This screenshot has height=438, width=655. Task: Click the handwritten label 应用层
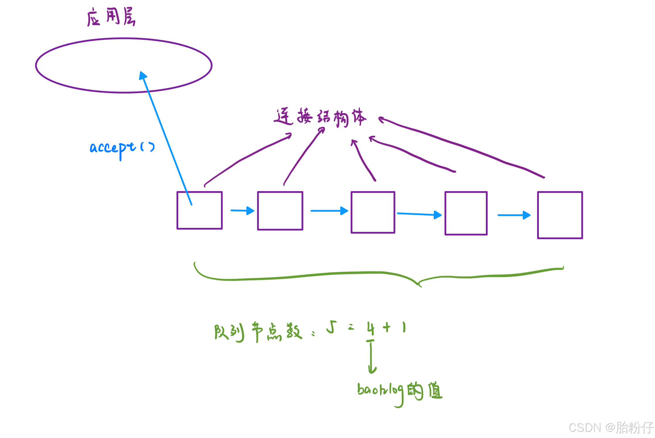[111, 17]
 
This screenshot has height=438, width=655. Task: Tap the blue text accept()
[122, 147]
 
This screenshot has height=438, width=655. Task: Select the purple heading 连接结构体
[320, 117]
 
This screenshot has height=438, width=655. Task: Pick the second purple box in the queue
[280, 211]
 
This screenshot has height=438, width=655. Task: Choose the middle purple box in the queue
[373, 212]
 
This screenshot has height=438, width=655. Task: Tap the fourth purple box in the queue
[466, 213]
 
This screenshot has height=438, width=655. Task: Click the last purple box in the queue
[560, 215]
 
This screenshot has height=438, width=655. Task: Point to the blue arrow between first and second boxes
[242, 210]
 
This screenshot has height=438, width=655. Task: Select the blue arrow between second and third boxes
[329, 211]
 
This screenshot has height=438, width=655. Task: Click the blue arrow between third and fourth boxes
[419, 214]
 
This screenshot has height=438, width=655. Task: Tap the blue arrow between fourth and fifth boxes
[514, 215]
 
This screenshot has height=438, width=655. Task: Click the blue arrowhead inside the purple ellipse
[142, 76]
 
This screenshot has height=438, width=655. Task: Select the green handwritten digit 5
[332, 327]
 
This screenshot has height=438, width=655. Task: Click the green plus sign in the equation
[387, 327]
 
